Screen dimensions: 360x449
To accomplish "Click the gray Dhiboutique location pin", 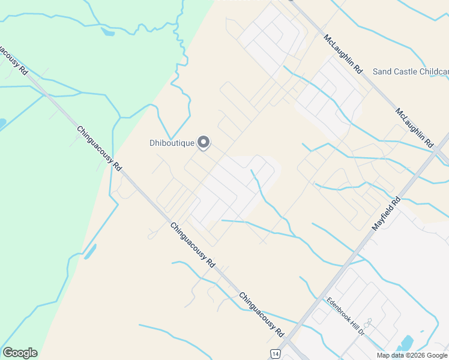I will [204, 142].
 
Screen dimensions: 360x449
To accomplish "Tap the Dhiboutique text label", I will [172, 143].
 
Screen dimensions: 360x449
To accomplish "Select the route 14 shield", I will [274, 354].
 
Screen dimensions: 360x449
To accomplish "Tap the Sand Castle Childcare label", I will [411, 71].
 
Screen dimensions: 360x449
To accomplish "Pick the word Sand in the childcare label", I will [382, 71].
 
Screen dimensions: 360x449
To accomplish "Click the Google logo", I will [20, 353].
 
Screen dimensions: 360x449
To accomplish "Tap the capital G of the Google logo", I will [8, 353].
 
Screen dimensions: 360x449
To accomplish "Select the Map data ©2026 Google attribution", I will [411, 355].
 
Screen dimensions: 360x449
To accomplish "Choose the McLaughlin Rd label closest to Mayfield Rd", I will [414, 128].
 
